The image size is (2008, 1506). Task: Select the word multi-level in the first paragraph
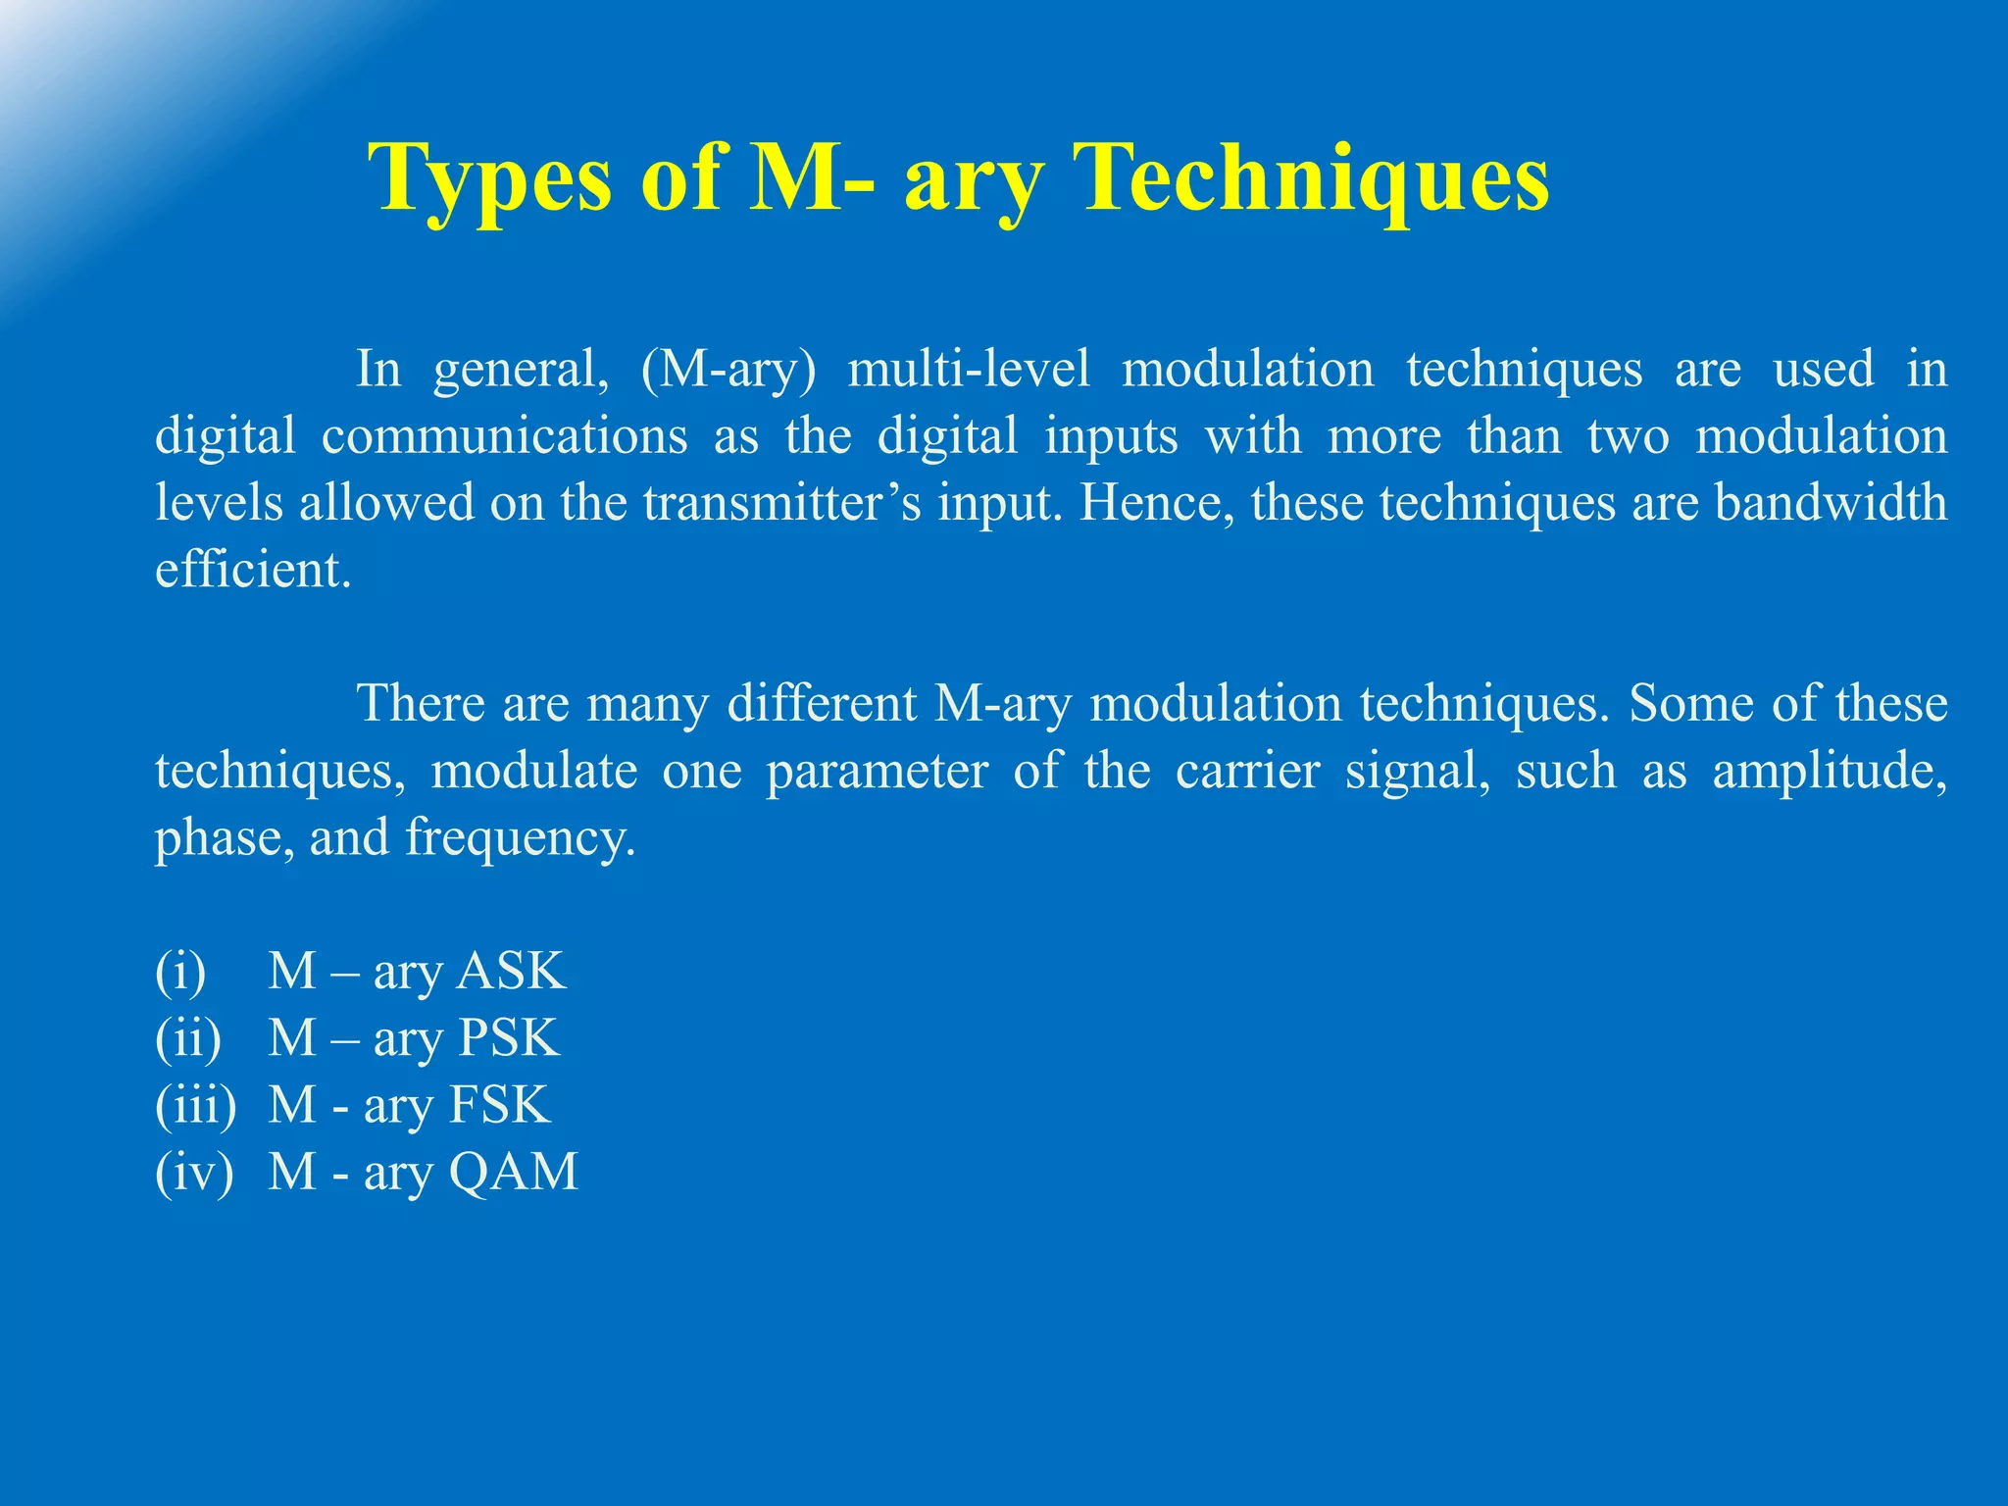(968, 370)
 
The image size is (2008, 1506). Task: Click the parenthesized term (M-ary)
(728, 370)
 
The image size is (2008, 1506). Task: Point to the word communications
(504, 436)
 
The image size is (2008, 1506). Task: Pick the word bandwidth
(1831, 503)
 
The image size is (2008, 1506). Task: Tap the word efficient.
(252, 570)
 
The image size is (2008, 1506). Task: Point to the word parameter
(877, 771)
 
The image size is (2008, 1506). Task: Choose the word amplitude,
(1830, 771)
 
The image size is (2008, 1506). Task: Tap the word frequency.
(520, 838)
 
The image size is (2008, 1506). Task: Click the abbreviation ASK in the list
(512, 972)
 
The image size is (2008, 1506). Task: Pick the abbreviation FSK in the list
(499, 1105)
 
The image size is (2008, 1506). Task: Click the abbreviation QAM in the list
(513, 1172)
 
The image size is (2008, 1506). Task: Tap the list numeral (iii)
(196, 1105)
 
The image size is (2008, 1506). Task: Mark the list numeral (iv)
(194, 1172)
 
